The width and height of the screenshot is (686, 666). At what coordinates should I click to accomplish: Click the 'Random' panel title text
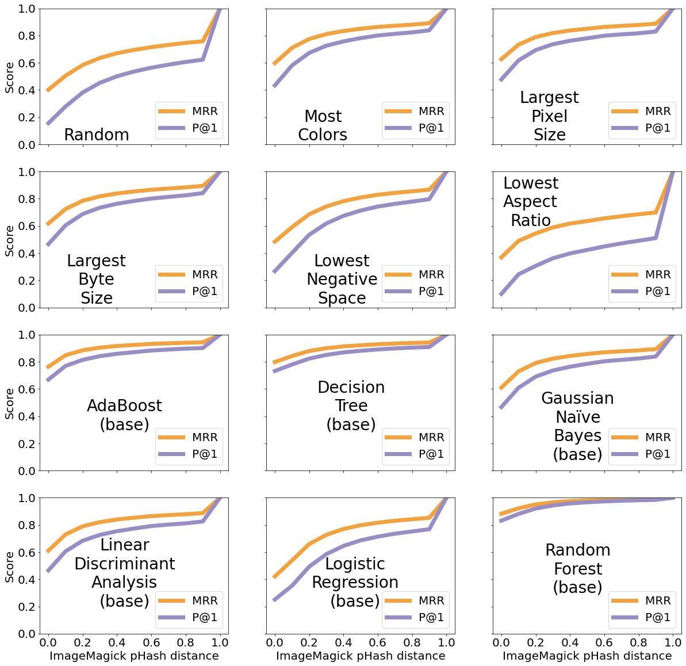(x=96, y=135)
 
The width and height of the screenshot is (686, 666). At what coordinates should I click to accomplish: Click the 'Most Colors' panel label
(x=323, y=125)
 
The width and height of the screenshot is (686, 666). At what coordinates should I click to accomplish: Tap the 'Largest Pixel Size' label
(x=549, y=116)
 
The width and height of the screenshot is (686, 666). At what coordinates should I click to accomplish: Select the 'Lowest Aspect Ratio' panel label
(x=530, y=201)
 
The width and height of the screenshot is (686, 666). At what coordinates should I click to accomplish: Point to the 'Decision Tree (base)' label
(x=351, y=405)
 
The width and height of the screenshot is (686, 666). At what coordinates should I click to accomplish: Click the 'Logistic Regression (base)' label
(x=355, y=582)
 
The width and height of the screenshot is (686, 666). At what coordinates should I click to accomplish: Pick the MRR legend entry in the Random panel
(x=187, y=111)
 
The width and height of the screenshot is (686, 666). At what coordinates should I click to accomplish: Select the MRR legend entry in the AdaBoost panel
(x=187, y=437)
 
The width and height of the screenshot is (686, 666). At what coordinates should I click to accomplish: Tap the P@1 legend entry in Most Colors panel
(x=414, y=128)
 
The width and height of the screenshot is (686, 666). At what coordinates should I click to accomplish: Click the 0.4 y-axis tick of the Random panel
(x=25, y=90)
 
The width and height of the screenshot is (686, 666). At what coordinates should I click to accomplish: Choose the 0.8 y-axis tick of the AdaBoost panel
(x=25, y=362)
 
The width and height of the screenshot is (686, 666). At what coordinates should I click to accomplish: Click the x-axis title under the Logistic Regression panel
(x=361, y=656)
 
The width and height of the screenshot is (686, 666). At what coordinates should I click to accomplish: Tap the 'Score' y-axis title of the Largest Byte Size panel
(x=10, y=240)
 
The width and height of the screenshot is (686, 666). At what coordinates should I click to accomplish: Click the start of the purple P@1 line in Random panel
(x=48, y=123)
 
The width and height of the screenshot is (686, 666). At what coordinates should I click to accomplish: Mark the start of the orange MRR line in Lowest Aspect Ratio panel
(x=501, y=258)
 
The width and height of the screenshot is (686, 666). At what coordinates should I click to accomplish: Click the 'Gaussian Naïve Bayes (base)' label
(x=577, y=426)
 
